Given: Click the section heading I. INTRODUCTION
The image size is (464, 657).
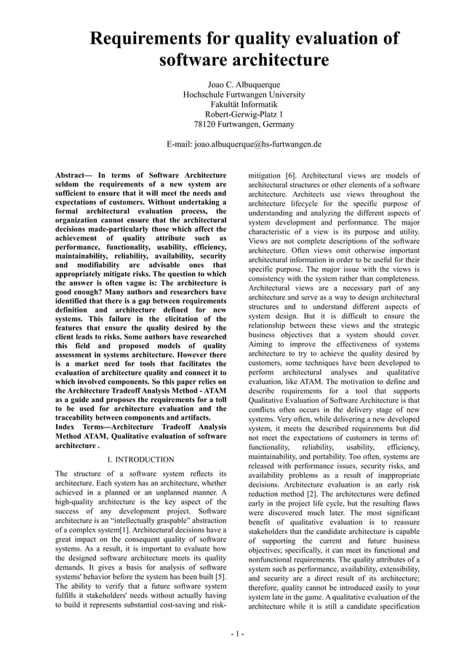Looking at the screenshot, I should tap(140, 460).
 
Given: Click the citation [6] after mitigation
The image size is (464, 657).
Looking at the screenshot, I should tap(290, 176).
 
